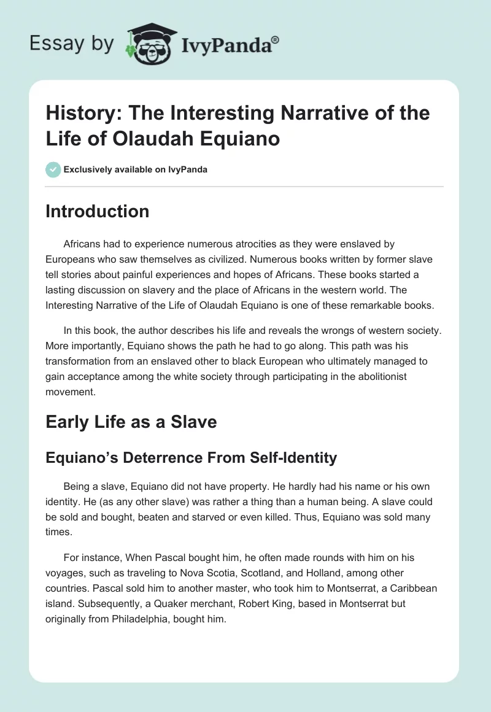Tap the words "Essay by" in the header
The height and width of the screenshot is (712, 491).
point(72,44)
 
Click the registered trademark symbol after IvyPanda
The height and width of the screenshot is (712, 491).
point(276,39)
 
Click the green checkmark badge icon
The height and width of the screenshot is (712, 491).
point(53,169)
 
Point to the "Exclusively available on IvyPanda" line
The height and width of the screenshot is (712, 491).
point(136,170)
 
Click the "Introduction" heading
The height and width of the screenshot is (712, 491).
point(98,211)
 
